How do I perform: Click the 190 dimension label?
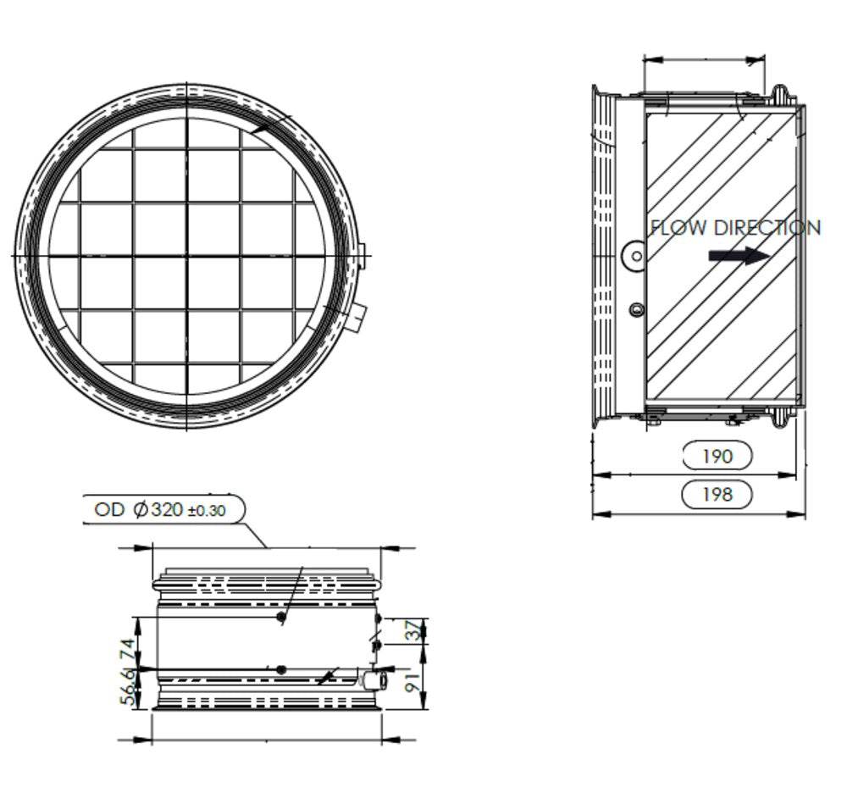coord(717,456)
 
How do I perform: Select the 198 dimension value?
coord(717,493)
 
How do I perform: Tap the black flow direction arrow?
coord(739,255)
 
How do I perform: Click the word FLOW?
coord(679,228)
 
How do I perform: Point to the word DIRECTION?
coord(767,228)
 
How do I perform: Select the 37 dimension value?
coord(412,631)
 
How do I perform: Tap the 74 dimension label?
coord(128,651)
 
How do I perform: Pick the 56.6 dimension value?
coord(128,686)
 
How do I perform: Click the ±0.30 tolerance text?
coord(206,511)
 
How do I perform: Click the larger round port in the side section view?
coord(634,255)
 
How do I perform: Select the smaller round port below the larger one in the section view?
coord(636,310)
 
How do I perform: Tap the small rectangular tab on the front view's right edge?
coord(362,255)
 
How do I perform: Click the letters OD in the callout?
coord(109,510)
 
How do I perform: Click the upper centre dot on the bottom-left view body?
coord(281,618)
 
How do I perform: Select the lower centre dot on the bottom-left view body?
coord(281,669)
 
